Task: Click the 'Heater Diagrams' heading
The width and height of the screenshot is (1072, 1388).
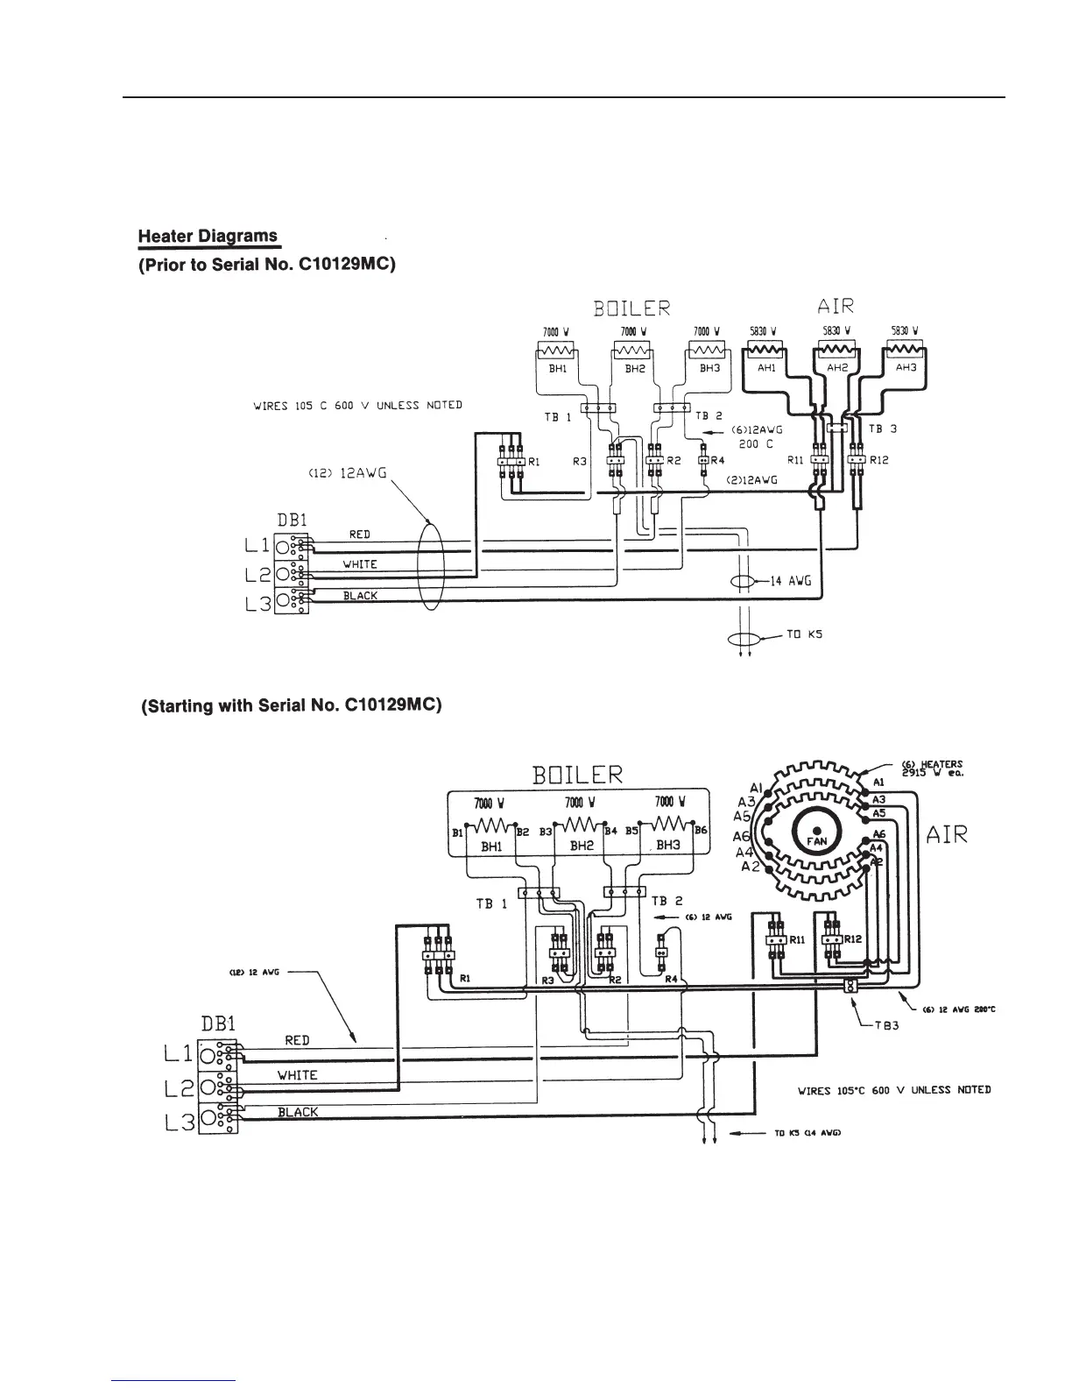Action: tap(208, 236)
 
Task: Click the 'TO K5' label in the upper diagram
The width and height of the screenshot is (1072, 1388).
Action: tap(798, 634)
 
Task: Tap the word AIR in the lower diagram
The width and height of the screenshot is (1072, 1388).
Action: tap(947, 834)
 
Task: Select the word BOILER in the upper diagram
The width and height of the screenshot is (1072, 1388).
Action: tap(631, 308)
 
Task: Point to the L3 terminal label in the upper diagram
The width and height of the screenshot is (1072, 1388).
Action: tap(258, 603)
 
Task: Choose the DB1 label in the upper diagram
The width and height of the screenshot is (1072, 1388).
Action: tap(292, 520)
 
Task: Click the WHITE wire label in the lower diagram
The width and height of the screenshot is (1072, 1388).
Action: tap(297, 1075)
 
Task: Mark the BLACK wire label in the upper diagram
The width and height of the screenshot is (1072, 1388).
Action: tap(360, 596)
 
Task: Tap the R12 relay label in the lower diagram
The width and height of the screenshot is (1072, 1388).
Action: tap(852, 938)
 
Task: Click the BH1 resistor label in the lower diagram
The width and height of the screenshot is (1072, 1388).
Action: tap(492, 846)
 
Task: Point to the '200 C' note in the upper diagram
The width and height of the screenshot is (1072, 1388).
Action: tap(755, 444)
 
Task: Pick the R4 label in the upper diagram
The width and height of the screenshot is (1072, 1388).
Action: tap(716, 460)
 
